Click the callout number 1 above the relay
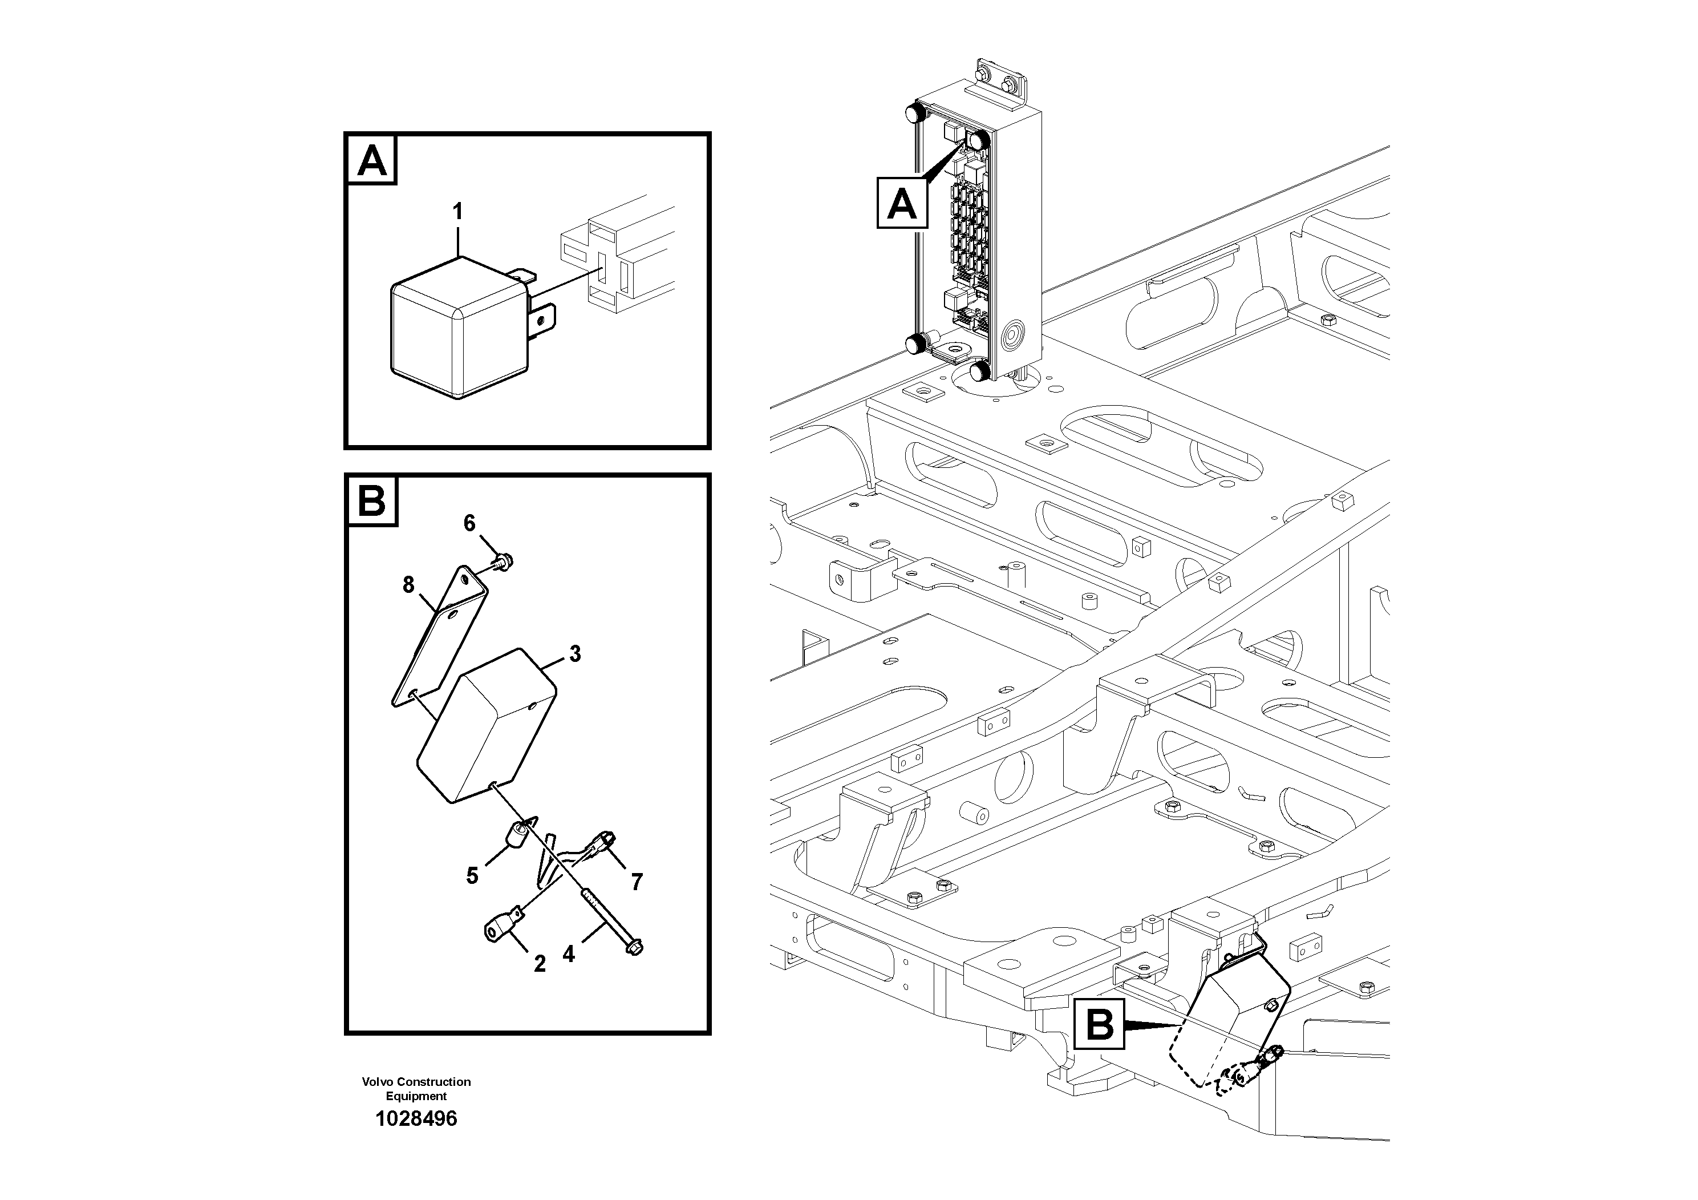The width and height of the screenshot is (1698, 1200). point(458,212)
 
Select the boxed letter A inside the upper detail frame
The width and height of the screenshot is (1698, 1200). point(372,160)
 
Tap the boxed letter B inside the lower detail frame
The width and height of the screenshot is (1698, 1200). point(372,501)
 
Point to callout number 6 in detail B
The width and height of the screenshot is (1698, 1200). point(469,524)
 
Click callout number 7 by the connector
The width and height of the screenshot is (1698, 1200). point(637,881)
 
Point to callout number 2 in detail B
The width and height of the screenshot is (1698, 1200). point(540,964)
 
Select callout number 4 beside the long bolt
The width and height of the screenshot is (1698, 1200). point(568,955)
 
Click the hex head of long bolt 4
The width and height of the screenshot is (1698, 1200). point(634,948)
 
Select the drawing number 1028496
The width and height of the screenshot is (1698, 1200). point(416,1118)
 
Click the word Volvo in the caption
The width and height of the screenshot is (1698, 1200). point(377,1082)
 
